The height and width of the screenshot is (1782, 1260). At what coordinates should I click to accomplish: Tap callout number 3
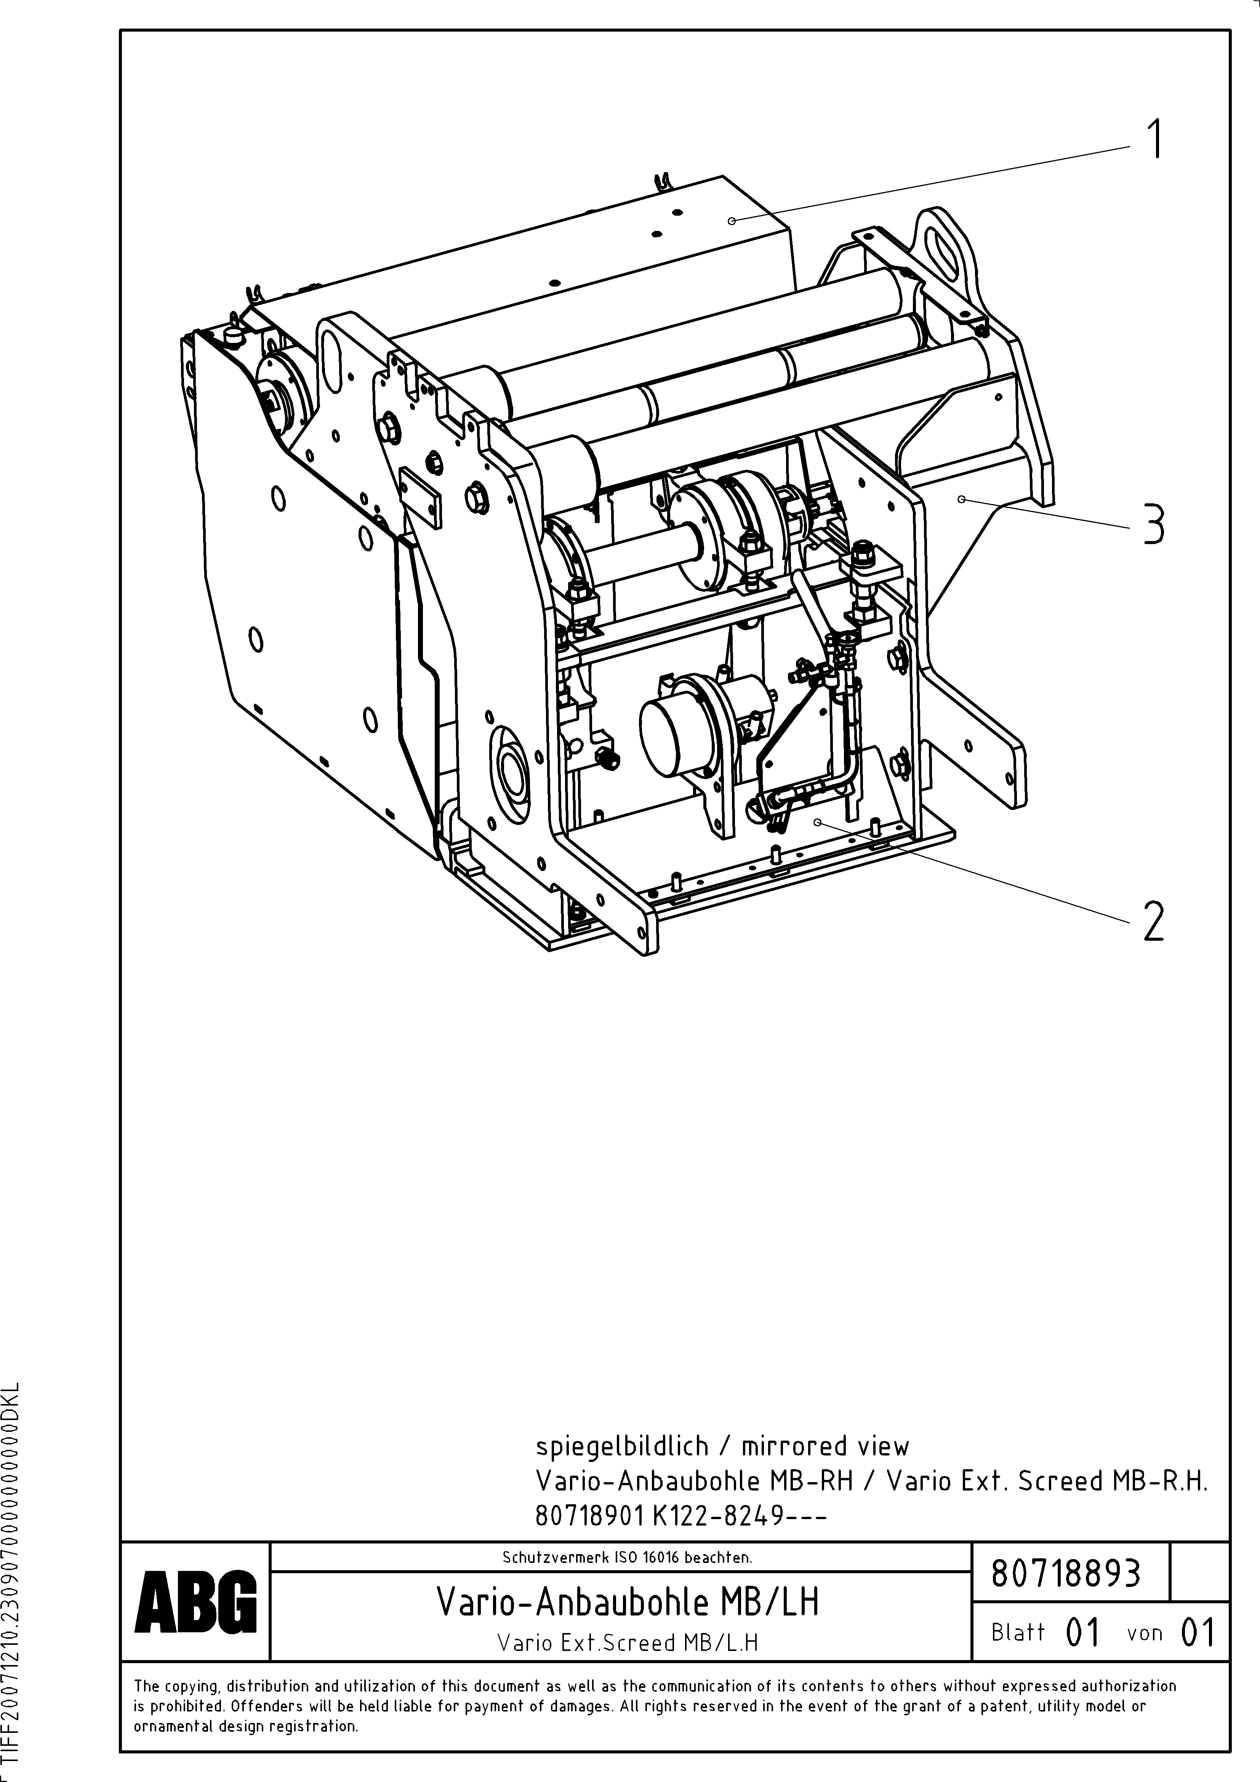click(x=1154, y=524)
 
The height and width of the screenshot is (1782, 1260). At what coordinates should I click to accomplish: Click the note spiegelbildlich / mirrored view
click(x=722, y=1447)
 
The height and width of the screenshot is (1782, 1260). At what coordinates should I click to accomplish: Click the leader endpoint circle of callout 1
click(x=731, y=221)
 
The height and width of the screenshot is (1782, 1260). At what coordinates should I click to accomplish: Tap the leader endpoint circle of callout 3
click(x=961, y=499)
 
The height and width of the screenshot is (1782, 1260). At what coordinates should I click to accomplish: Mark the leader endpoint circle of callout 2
click(x=817, y=821)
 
